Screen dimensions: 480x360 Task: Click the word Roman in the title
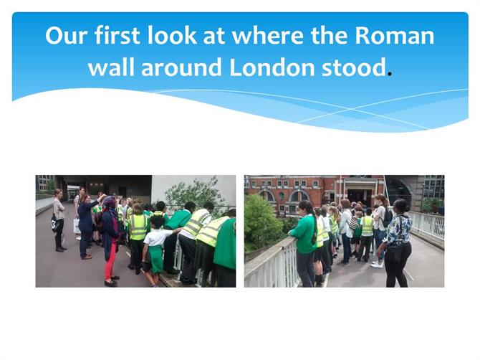tap(394, 36)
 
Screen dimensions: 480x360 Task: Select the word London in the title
tap(272, 67)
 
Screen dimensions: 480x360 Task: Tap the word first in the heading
tap(117, 35)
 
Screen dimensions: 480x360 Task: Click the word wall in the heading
tap(112, 67)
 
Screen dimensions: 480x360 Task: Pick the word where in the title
tap(269, 36)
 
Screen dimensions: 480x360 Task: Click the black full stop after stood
tap(390, 74)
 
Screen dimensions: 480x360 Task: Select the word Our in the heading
tap(67, 36)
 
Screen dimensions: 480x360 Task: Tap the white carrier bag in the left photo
tap(77, 226)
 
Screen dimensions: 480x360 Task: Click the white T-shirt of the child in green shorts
tap(158, 237)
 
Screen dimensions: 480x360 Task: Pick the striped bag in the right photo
tap(354, 223)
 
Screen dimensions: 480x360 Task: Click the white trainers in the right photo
tap(377, 264)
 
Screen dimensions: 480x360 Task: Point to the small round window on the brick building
tap(282, 196)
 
